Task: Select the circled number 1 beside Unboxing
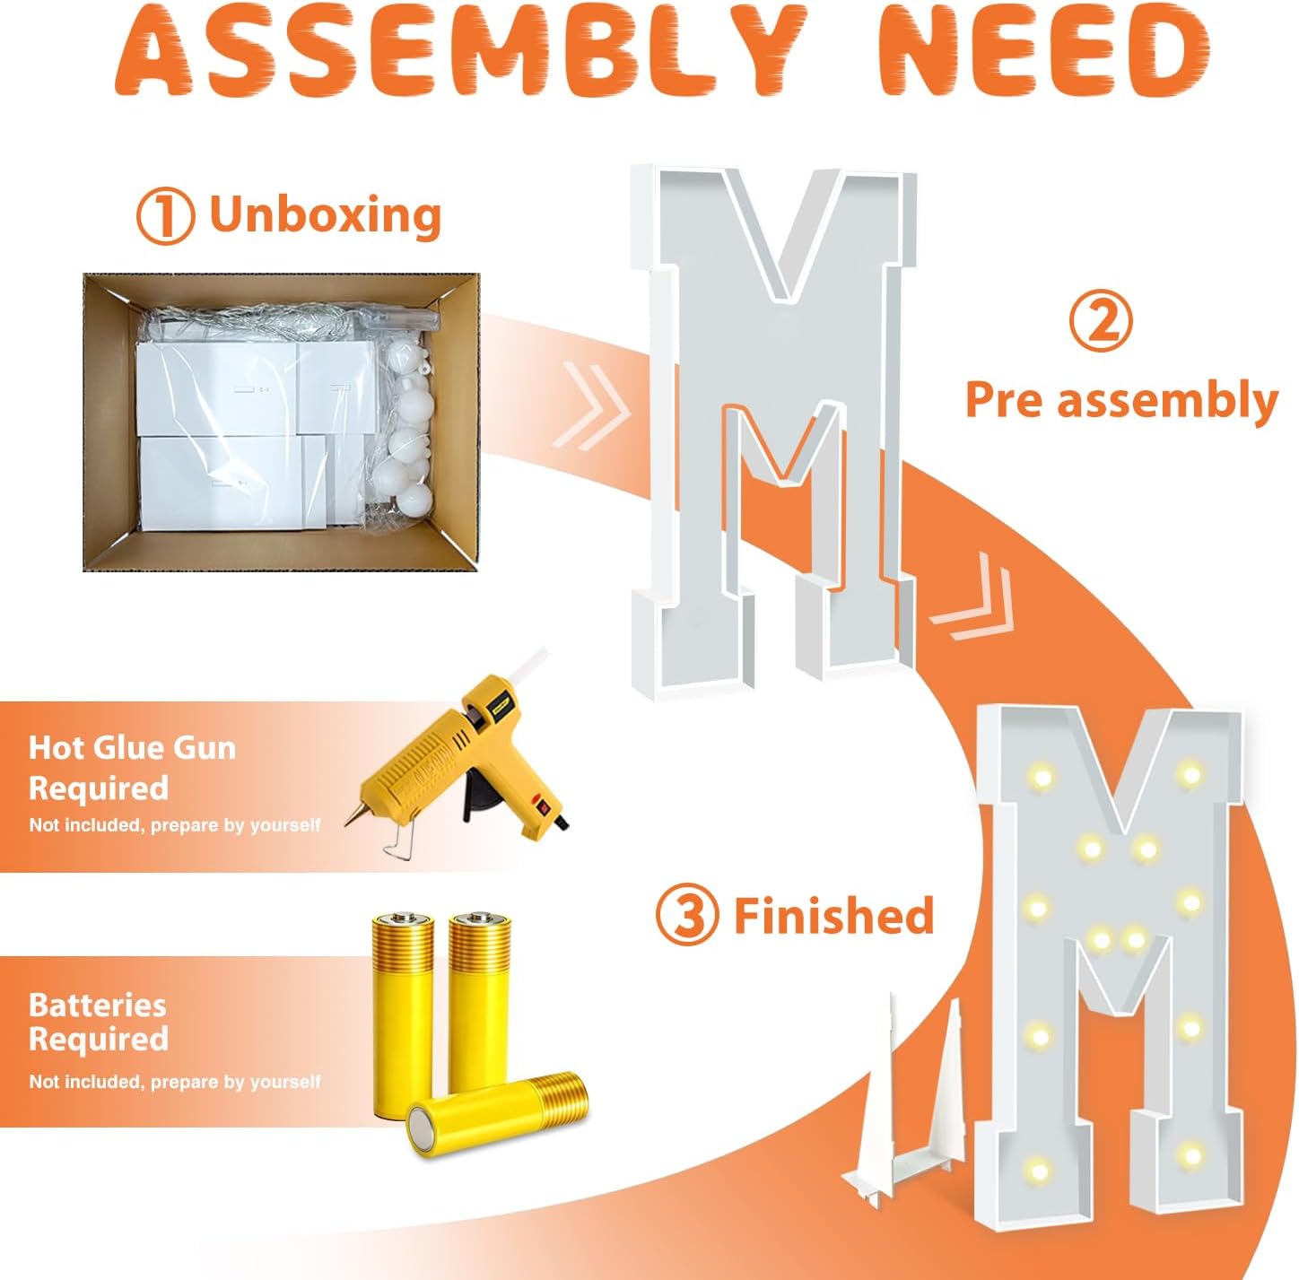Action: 165,215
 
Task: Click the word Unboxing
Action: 326,215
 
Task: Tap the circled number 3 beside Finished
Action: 687,916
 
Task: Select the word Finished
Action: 834,915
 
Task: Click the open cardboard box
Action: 281,422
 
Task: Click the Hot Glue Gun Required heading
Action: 132,769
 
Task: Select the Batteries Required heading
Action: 99,1022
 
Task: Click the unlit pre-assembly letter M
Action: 775,431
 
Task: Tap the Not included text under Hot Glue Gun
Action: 175,826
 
